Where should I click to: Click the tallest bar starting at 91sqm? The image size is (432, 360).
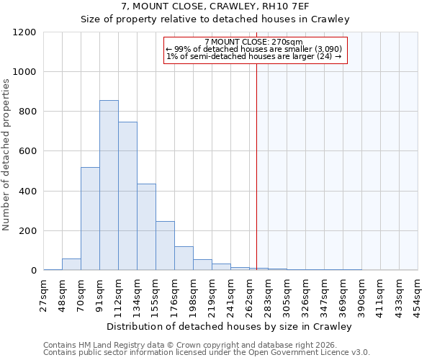point(109,185)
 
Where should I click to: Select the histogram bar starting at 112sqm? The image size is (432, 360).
point(127,196)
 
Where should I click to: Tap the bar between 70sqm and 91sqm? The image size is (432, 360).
point(90,218)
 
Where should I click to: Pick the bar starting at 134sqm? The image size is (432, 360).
point(146,227)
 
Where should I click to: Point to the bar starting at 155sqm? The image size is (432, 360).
point(165,246)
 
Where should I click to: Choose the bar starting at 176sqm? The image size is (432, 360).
point(184,258)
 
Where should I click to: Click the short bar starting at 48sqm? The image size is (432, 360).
point(71,264)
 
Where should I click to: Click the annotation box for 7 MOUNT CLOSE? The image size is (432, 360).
point(256,50)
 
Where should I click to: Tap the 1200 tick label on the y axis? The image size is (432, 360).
point(24,32)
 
